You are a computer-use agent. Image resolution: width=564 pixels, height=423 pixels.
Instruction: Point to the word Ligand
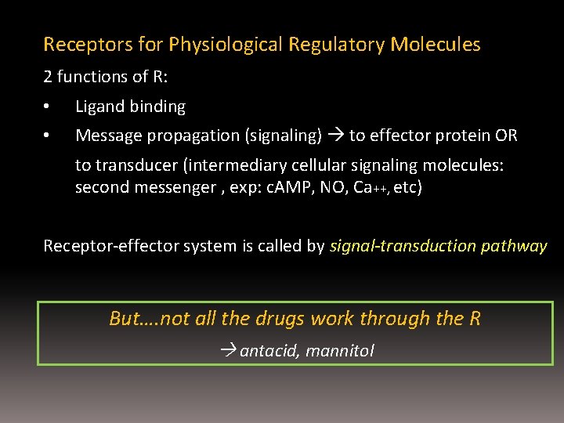point(97,107)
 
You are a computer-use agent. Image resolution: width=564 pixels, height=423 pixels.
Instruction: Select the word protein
point(463,136)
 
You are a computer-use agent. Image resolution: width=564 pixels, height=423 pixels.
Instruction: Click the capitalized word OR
point(506,136)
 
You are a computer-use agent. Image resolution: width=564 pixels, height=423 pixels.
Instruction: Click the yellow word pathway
point(515,246)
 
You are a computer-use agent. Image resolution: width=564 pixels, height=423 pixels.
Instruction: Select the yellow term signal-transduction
point(403,246)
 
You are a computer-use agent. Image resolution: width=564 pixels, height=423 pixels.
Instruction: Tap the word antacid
point(269,351)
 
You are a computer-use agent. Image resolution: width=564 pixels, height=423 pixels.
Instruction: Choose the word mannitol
point(340,351)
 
